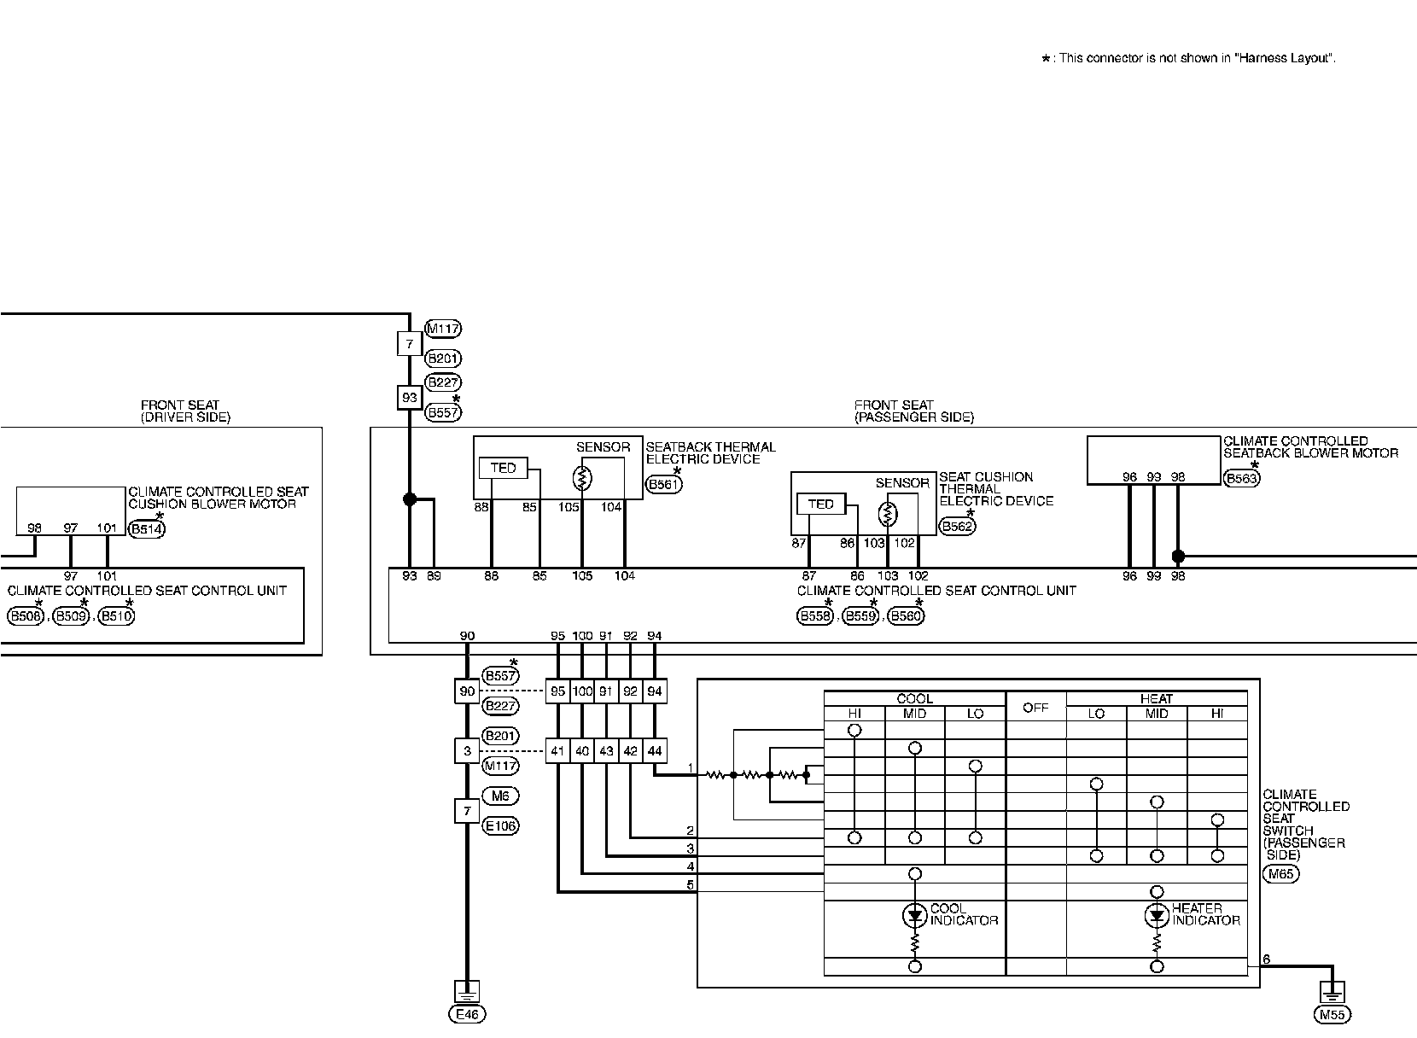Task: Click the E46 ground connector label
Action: tap(466, 1014)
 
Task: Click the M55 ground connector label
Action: tap(1332, 1015)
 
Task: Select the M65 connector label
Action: tap(1280, 874)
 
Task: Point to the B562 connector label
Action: tap(956, 527)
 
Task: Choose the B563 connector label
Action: tap(1241, 479)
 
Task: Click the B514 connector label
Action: tap(147, 529)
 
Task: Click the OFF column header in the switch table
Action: tap(1035, 708)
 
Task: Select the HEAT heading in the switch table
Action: tap(1156, 698)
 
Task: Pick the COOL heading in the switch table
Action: tap(914, 698)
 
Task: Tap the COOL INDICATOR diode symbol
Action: tap(915, 917)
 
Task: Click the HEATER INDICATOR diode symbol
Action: tap(1157, 917)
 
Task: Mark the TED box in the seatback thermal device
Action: tap(504, 468)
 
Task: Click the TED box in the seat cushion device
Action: tap(820, 504)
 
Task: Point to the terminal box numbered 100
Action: tap(582, 691)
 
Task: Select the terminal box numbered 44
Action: tap(655, 751)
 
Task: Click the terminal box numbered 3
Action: tap(467, 751)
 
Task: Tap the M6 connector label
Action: tap(500, 796)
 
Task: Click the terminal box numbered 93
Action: tap(410, 398)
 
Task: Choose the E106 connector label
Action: tap(500, 825)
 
